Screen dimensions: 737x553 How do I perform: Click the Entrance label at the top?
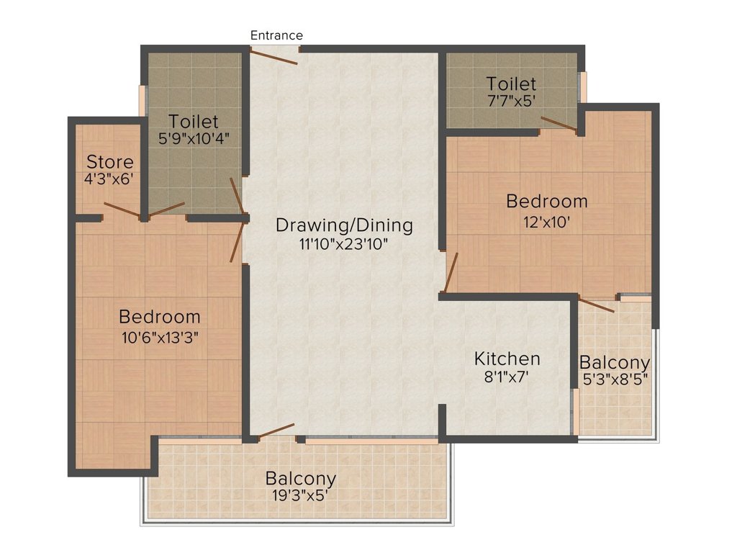(276, 35)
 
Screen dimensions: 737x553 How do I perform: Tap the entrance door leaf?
(273, 57)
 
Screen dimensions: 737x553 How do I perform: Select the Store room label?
(110, 162)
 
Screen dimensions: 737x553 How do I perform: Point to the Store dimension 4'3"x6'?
(109, 179)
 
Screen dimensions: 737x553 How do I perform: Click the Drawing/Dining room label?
(344, 225)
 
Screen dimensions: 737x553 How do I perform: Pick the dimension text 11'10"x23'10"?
(343, 244)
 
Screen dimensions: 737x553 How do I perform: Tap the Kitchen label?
(507, 359)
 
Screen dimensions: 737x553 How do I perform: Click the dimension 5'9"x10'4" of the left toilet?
(194, 139)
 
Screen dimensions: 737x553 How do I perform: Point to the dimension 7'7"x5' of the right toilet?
(512, 101)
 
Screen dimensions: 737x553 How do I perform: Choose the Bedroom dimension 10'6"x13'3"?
(160, 337)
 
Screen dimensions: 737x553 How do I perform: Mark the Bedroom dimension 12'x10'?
(547, 222)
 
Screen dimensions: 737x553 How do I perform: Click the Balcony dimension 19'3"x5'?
(300, 495)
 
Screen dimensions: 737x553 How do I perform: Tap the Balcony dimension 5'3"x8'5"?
(615, 379)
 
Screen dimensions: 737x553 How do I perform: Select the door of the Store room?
(122, 210)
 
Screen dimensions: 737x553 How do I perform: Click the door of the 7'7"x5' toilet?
(559, 123)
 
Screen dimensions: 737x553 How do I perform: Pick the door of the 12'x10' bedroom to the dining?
(451, 272)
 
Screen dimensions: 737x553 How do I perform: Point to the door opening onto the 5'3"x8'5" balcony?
(596, 305)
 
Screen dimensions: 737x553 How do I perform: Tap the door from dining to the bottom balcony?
(276, 430)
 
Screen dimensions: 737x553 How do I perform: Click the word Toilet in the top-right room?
(512, 84)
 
